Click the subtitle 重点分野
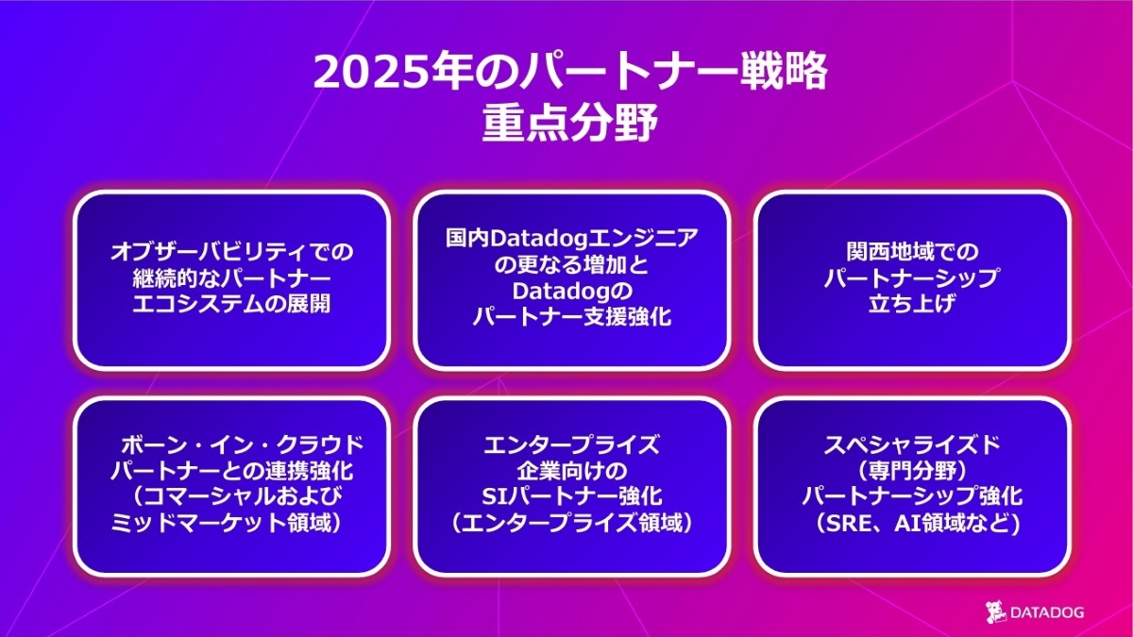570,123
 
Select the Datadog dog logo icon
996,612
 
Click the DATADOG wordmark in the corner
1047,612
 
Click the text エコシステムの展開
231,304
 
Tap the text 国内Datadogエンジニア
571,238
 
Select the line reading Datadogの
572,291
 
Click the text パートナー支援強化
571,317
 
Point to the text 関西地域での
912,251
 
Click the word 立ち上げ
911,304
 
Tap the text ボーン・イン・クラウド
243,444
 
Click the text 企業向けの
572,471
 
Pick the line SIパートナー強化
572,496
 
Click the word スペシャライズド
912,444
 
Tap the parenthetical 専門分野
912,471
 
